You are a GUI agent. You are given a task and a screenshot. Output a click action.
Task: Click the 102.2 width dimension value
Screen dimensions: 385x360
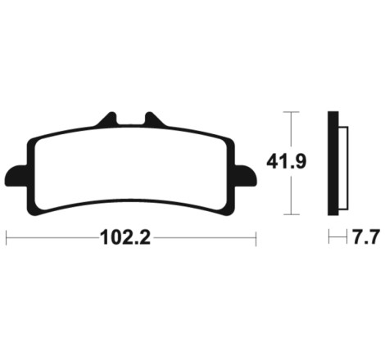click(125, 237)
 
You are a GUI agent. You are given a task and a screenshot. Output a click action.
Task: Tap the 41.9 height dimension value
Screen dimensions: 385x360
click(287, 161)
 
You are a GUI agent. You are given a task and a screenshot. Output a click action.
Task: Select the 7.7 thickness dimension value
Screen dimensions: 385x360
click(366, 237)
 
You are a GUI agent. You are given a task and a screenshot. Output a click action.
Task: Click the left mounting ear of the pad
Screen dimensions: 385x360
click(16, 176)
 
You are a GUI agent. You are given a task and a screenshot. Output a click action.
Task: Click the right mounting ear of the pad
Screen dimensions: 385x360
click(246, 176)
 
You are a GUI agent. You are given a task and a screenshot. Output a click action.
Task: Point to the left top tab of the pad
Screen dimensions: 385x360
click(108, 119)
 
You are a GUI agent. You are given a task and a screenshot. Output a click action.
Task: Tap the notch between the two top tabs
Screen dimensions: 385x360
click(131, 120)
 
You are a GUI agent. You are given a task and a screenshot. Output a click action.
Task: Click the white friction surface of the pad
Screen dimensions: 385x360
click(131, 169)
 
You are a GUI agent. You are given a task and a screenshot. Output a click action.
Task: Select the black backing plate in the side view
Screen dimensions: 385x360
click(333, 163)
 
